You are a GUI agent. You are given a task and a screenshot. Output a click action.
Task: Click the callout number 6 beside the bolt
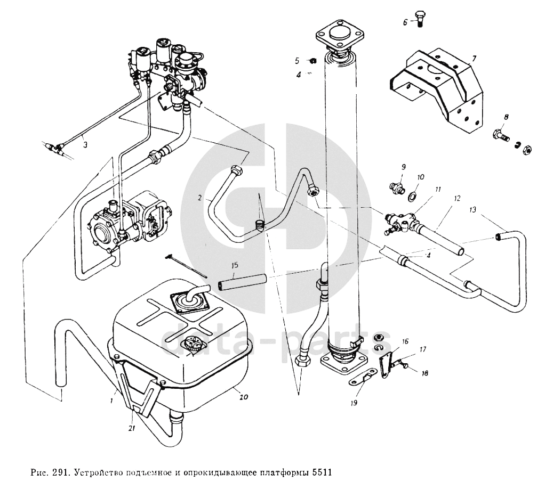point(405,22)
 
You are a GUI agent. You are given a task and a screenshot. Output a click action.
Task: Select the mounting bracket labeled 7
point(436,90)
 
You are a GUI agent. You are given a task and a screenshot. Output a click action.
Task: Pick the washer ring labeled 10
point(412,195)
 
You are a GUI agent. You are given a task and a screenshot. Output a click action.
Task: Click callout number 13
point(472,210)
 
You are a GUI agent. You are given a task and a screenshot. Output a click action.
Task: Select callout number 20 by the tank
point(243,397)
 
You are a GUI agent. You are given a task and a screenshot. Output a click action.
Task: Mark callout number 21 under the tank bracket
point(132,428)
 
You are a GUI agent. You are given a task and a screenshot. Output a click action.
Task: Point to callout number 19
point(354,403)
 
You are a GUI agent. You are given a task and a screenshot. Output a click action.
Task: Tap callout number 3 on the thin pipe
point(85,144)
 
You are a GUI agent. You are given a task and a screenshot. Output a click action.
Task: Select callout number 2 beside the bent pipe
point(200,198)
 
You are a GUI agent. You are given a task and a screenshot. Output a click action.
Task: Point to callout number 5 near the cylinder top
point(297,61)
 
